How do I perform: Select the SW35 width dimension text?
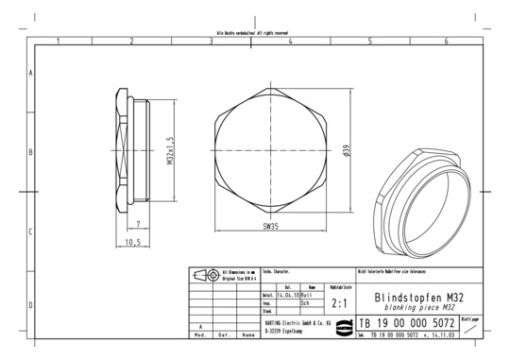tap(270, 227)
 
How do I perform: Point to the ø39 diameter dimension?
tap(348, 151)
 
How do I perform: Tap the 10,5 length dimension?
tap(134, 242)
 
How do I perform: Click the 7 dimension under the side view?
tap(139, 224)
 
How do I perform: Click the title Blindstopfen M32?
tap(418, 296)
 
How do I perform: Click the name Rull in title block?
tap(306, 294)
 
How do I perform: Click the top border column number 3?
tap(210, 42)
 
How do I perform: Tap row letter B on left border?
tap(31, 151)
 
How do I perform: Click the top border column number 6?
tap(447, 42)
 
